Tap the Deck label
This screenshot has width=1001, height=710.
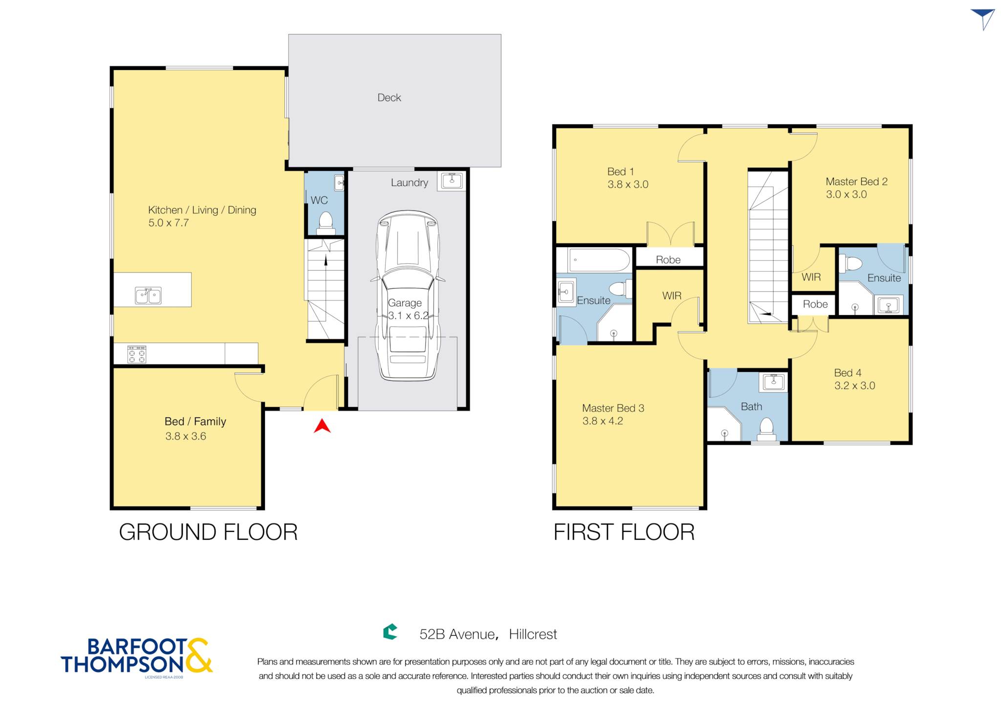pyautogui.click(x=389, y=98)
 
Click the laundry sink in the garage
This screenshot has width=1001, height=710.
pyautogui.click(x=452, y=181)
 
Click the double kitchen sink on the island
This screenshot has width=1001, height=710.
pyautogui.click(x=148, y=296)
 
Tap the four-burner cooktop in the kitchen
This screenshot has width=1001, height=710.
pyautogui.click(x=137, y=354)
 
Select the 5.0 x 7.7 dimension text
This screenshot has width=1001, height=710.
pyautogui.click(x=169, y=223)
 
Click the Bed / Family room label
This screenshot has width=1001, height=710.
pyautogui.click(x=196, y=422)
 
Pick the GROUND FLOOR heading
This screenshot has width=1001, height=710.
pyautogui.click(x=208, y=532)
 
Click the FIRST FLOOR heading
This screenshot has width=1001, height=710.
pyautogui.click(x=624, y=532)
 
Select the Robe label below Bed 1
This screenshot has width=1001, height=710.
pyautogui.click(x=668, y=260)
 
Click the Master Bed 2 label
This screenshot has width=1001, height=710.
pyautogui.click(x=856, y=182)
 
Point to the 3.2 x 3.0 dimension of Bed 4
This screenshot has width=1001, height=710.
pyautogui.click(x=854, y=386)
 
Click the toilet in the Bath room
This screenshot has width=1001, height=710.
pyautogui.click(x=766, y=429)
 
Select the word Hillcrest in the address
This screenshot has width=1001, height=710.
pyautogui.click(x=533, y=635)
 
